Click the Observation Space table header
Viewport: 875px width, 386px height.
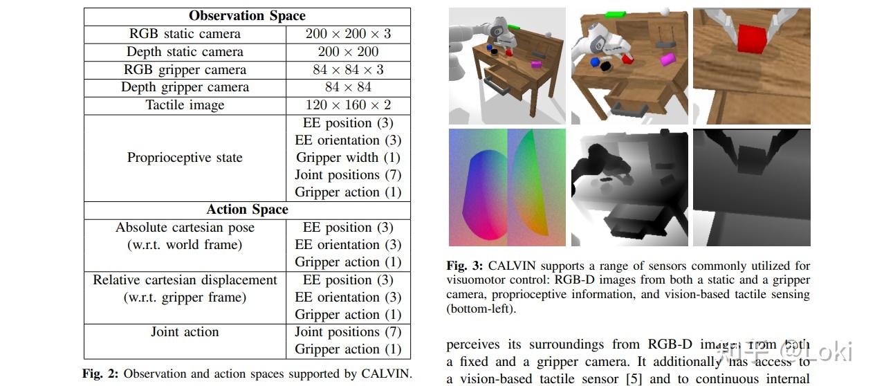(247, 16)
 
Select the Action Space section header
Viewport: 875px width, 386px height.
(247, 210)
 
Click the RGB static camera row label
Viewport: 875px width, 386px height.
(185, 34)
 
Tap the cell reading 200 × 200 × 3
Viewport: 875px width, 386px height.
(348, 34)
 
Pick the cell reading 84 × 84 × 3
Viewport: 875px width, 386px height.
(348, 70)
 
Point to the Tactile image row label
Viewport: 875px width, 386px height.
(185, 105)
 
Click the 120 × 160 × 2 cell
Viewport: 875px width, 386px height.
(348, 105)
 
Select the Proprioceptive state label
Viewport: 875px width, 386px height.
(185, 158)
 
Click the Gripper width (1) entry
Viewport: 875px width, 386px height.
(348, 158)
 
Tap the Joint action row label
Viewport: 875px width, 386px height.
(185, 331)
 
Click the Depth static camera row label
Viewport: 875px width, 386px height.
(185, 52)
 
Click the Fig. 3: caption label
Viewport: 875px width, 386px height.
(464, 266)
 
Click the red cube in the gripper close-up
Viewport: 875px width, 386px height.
(752, 38)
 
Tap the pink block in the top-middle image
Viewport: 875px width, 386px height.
(667, 59)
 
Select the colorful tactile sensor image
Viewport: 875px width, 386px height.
(507, 187)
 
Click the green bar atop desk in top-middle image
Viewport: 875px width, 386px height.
(615, 15)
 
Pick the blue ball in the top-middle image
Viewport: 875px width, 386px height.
(595, 62)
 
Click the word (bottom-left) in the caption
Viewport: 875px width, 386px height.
(481, 309)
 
